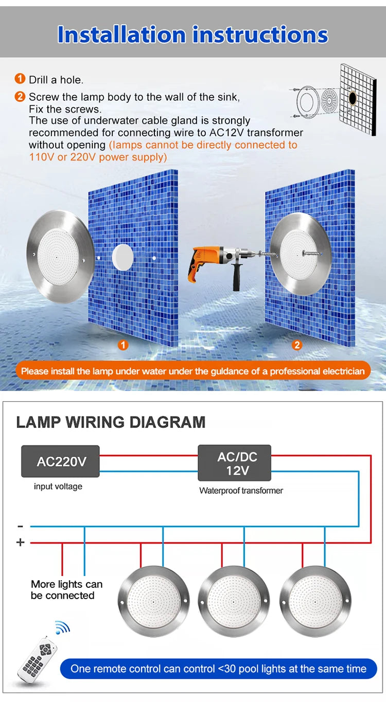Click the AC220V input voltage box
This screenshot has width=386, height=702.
point(60,461)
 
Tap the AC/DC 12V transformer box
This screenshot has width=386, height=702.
point(234,462)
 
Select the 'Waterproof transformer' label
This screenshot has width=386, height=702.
point(241,491)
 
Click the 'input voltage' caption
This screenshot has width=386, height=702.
point(58,487)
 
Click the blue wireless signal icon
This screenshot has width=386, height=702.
point(63,627)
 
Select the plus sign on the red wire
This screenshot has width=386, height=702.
point(21,542)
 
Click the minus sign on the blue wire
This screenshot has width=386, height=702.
point(21,527)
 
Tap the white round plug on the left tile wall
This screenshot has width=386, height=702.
point(122,257)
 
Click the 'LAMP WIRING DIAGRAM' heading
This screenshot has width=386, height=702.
point(111,422)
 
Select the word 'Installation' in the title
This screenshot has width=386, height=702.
point(121,34)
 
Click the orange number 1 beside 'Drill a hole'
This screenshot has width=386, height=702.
point(20,79)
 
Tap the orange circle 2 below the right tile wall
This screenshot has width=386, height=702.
point(296,345)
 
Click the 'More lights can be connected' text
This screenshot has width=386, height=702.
point(66,589)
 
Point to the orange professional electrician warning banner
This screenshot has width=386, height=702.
point(193,371)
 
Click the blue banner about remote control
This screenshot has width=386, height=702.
point(218,669)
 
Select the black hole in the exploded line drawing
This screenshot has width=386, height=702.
point(353,98)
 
